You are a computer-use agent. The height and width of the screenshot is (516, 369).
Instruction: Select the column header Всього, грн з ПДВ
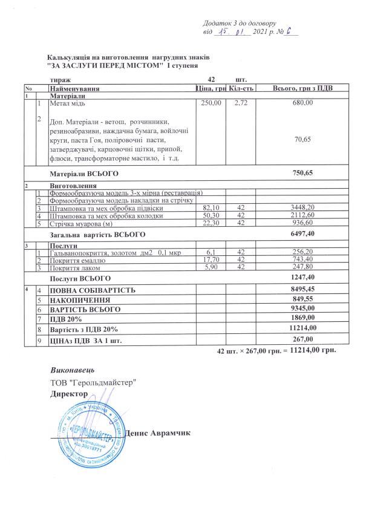(302, 89)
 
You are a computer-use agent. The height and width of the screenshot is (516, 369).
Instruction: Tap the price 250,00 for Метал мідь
(212, 103)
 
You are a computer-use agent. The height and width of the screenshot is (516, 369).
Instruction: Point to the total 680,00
(302, 103)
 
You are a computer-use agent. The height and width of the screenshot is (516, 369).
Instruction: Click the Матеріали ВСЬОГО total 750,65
(302, 173)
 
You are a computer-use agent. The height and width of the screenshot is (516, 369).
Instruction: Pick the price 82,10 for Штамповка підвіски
(212, 208)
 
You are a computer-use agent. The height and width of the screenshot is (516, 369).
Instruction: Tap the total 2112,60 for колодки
(302, 215)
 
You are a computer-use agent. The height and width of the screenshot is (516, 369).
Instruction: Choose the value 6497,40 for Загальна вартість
(302, 234)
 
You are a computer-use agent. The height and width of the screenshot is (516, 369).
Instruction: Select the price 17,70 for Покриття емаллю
(212, 260)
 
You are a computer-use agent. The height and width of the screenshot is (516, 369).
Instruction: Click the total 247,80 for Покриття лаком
(302, 267)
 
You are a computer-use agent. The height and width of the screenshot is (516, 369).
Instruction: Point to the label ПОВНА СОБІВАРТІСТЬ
(93, 290)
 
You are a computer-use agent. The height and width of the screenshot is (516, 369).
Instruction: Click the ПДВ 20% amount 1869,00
(302, 318)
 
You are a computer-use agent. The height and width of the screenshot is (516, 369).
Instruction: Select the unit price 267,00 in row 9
(302, 339)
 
